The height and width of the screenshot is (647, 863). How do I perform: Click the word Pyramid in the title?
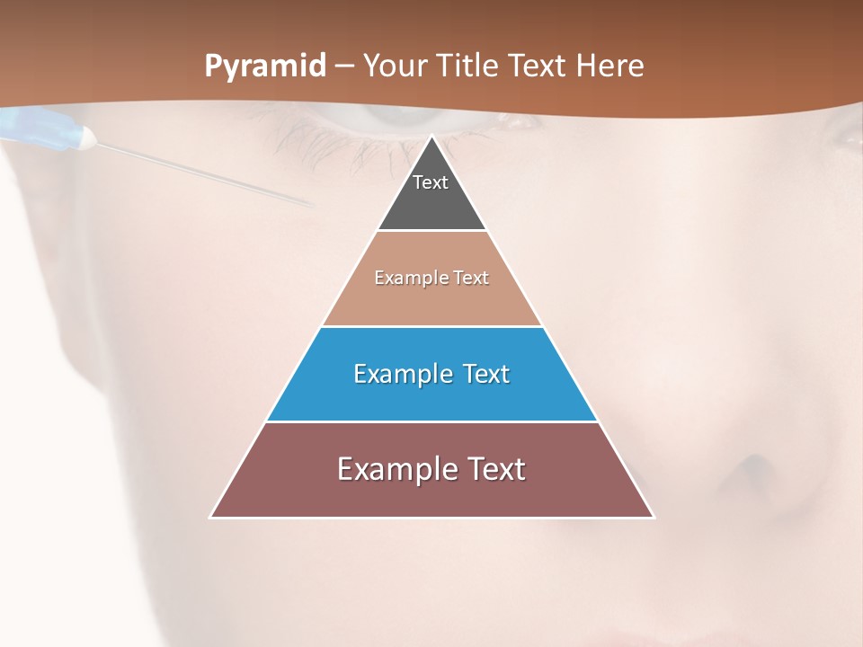(264, 66)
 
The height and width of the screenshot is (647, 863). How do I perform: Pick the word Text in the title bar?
(538, 66)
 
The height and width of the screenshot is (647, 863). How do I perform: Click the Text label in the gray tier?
(431, 182)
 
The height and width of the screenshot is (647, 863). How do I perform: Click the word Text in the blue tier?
(486, 374)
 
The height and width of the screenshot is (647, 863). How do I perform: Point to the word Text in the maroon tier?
(495, 469)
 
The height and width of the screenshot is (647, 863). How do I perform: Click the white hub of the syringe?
(86, 137)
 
